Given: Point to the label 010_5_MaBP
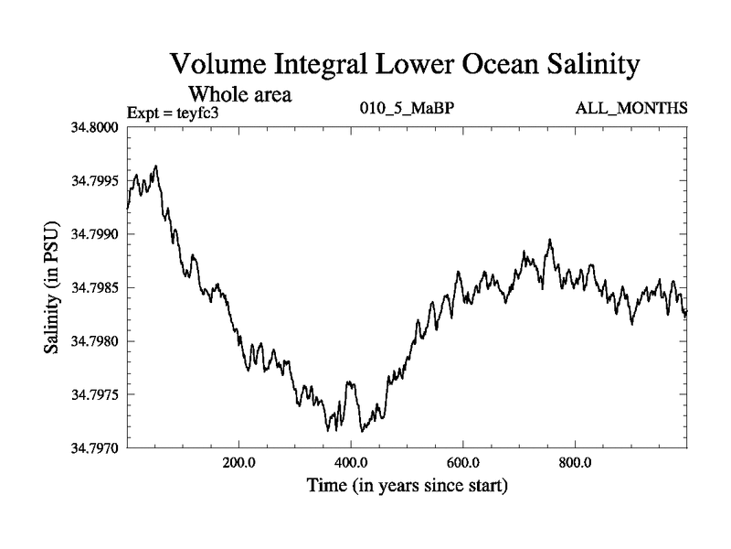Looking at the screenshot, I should click(406, 109).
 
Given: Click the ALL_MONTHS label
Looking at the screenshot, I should click(631, 109).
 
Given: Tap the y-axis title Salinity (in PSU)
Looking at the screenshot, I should click(51, 287).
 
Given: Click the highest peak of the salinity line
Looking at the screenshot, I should click(156, 167).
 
